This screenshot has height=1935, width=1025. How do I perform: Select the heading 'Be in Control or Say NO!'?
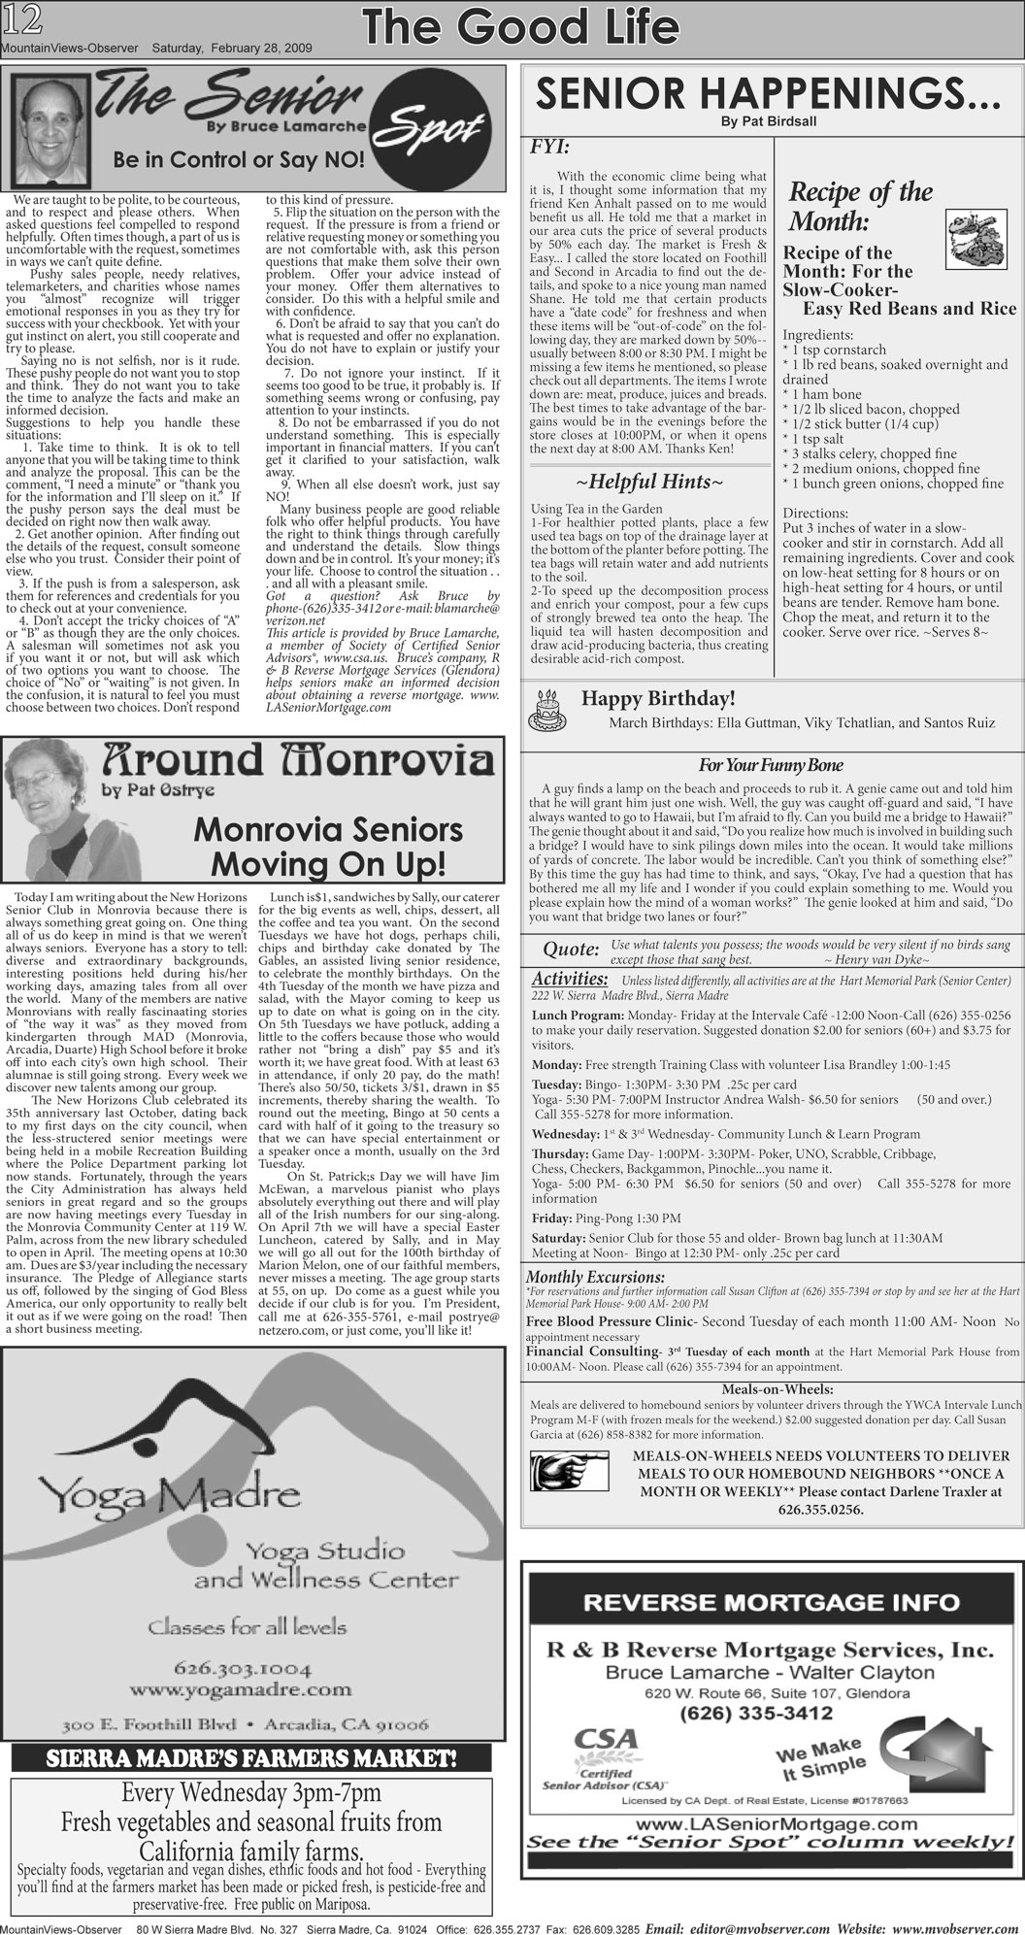pyautogui.click(x=239, y=160)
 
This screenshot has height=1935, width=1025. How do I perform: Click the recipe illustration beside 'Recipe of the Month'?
pyautogui.click(x=975, y=237)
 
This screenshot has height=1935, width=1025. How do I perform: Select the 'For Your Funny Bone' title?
pyautogui.click(x=770, y=765)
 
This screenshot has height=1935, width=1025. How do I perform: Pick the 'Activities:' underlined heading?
pyautogui.click(x=570, y=978)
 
